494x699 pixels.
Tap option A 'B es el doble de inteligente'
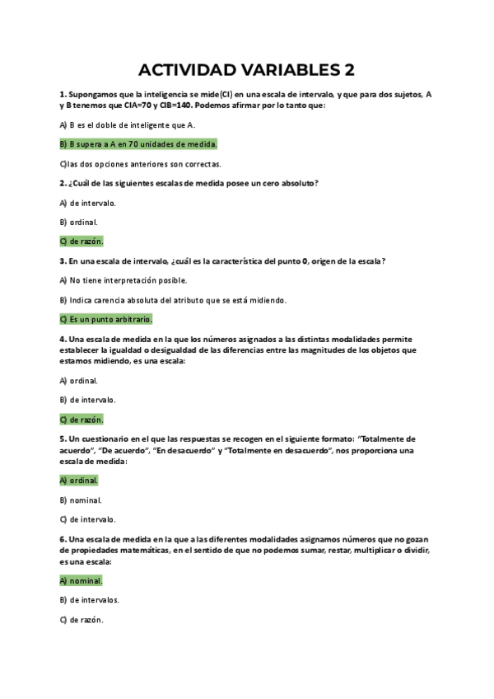tap(128, 124)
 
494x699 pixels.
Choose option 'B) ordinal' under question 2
tap(79, 222)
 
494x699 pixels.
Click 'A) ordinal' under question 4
tap(79, 380)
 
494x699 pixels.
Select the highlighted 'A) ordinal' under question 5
tap(79, 480)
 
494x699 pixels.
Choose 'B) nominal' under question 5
tap(81, 500)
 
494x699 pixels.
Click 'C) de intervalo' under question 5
tap(87, 519)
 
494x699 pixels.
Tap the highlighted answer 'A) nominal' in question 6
tap(81, 580)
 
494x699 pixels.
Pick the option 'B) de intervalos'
tap(89, 600)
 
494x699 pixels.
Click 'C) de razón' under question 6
tap(81, 620)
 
